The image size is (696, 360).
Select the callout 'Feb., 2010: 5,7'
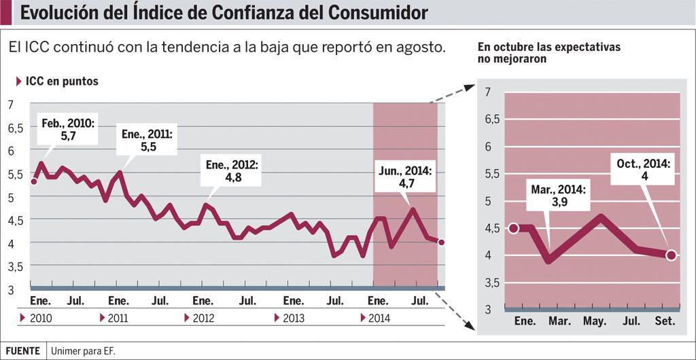point(67,130)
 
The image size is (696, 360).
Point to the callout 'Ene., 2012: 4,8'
point(232,171)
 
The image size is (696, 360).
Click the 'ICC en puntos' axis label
point(61,82)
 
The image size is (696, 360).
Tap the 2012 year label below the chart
point(203,318)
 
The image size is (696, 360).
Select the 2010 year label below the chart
point(41,318)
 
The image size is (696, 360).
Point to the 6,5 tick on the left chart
point(16,128)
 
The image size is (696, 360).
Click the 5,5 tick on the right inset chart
point(491,173)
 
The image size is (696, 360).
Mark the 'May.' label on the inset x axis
point(595,321)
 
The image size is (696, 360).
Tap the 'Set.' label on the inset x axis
point(665,321)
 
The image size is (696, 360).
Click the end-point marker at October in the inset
point(672,255)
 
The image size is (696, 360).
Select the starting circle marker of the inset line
point(514,228)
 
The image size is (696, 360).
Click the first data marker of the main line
point(34,181)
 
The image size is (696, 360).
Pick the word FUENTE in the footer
point(23,351)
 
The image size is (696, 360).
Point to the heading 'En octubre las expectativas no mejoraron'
point(549,53)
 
